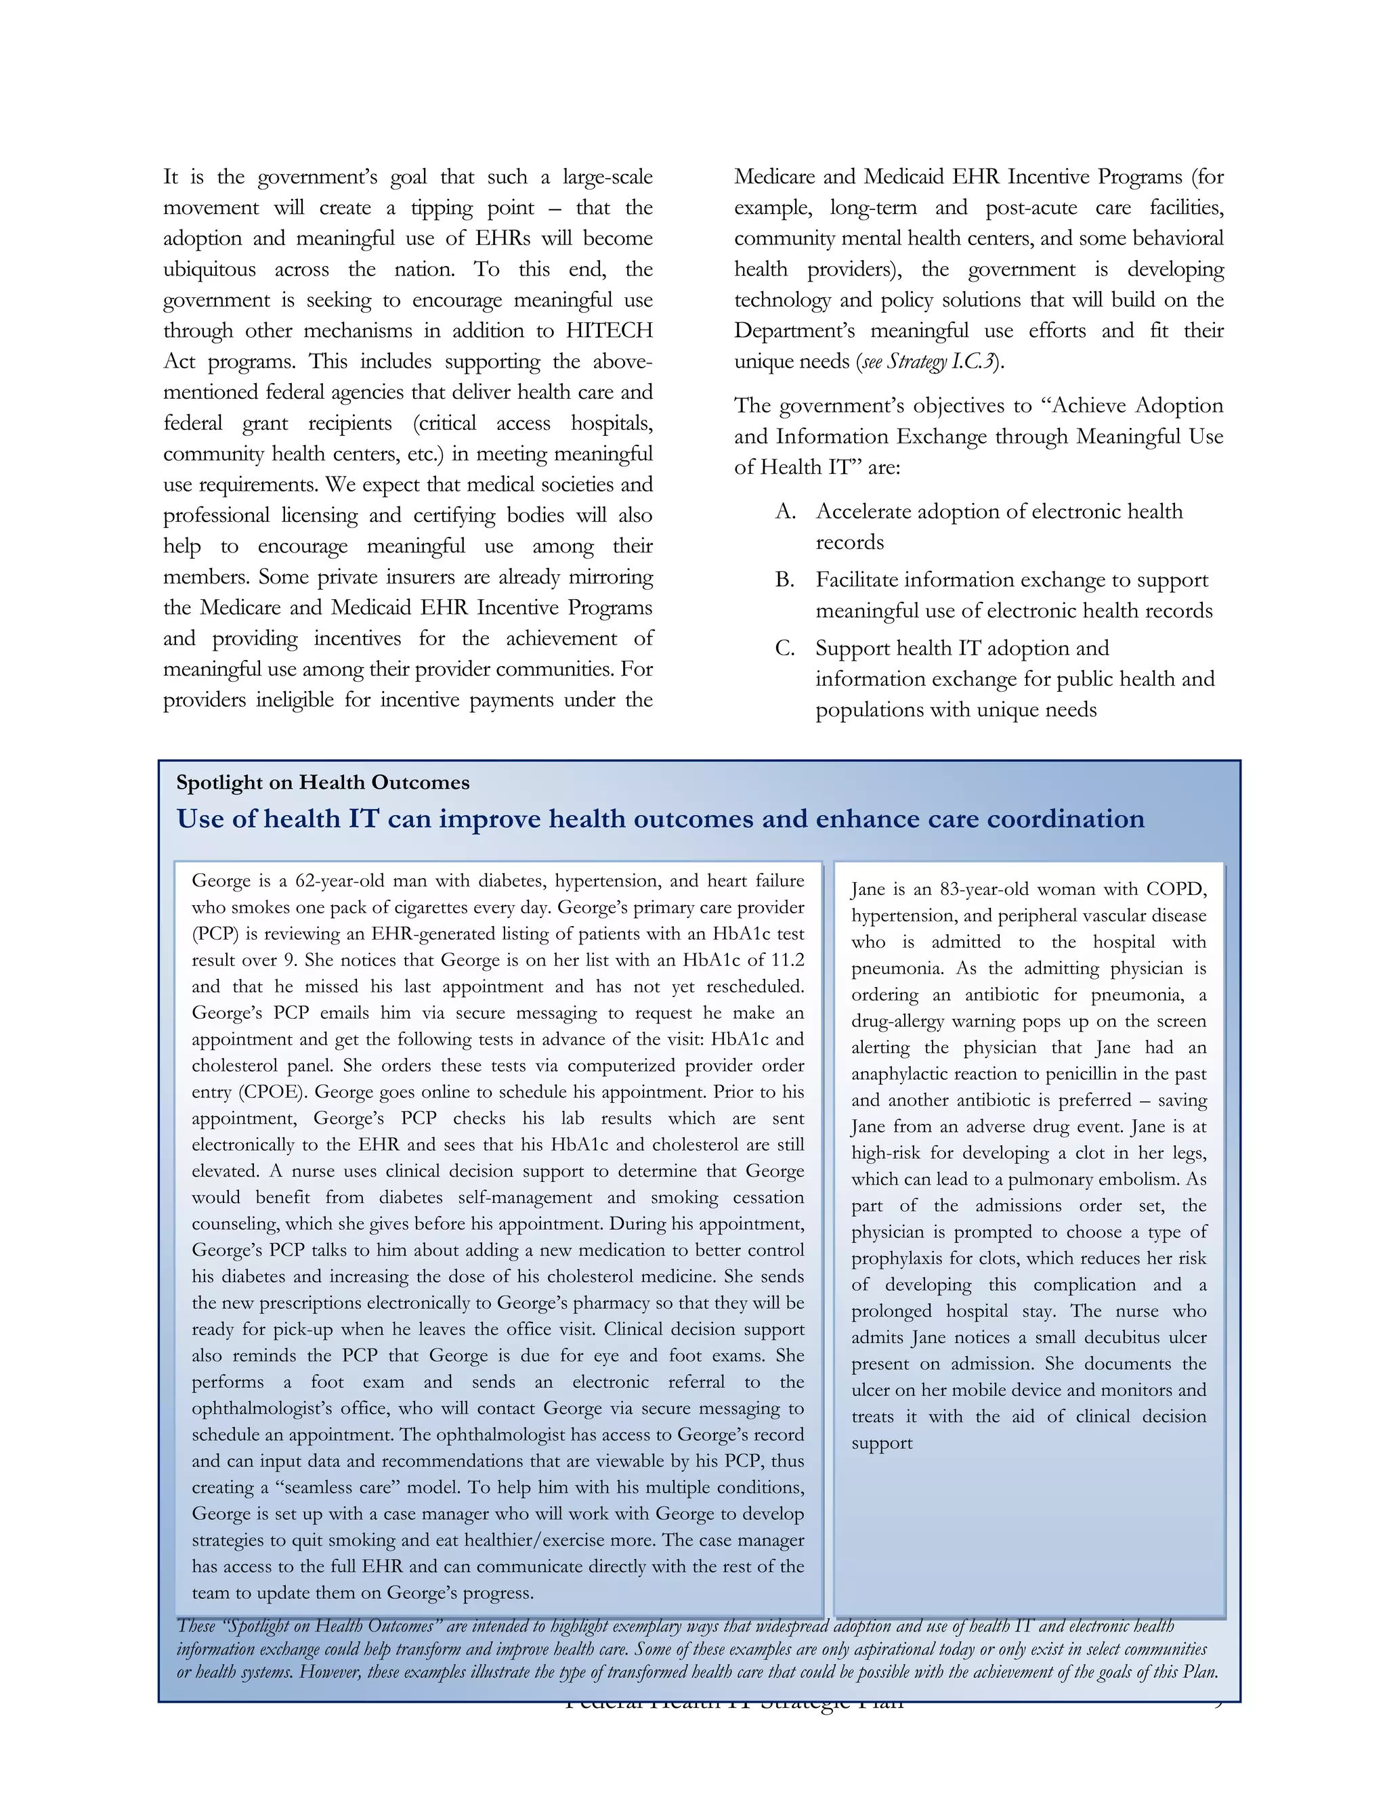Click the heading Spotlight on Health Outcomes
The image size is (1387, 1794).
[322, 782]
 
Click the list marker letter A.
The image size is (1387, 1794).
[785, 512]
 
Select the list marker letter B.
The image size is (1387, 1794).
[785, 580]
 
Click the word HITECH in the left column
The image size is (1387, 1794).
[609, 330]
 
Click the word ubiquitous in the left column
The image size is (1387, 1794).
[209, 269]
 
